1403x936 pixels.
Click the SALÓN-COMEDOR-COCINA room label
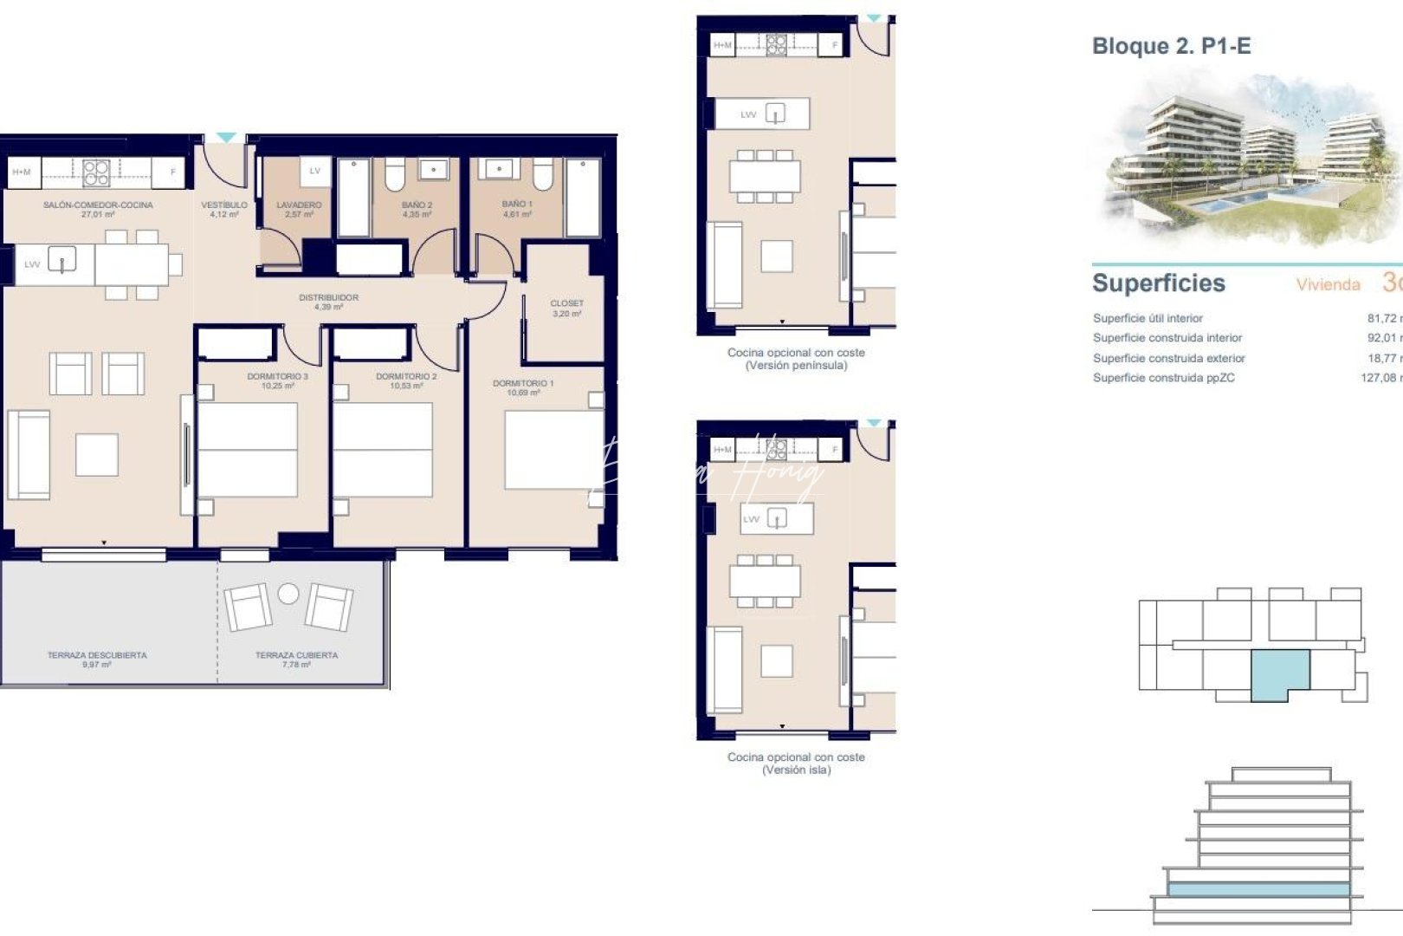pos(98,205)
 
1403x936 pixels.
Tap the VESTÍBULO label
pos(224,205)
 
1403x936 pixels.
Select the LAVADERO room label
pos(299,205)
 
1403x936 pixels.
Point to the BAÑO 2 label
pos(417,205)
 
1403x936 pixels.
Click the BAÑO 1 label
pos(517,205)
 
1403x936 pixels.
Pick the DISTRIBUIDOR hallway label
pos(328,298)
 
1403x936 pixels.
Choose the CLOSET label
pos(566,304)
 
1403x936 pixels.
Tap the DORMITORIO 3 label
pos(277,377)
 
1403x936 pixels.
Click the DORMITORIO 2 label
pos(406,377)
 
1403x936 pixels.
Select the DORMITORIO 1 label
pos(523,383)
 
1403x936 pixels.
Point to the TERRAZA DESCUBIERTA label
pos(97,655)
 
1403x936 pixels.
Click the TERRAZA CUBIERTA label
pos(296,655)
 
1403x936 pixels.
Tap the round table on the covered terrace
pos(288,594)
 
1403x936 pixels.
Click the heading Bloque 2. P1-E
pos(1171,46)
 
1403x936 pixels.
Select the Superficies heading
pos(1158,283)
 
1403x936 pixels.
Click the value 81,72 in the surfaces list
pos(1382,318)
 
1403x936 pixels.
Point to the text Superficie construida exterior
pos(1168,358)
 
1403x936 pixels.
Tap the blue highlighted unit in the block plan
pos(1280,673)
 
